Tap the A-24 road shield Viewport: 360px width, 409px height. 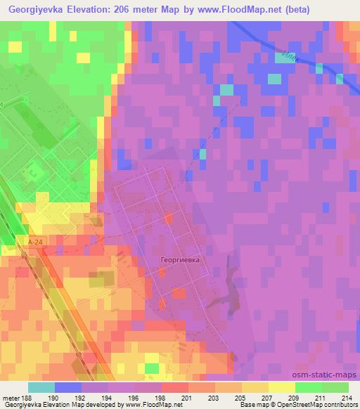pyautogui.click(x=37, y=242)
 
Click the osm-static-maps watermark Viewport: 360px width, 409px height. pyautogui.click(x=330, y=375)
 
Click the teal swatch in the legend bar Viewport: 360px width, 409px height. pyautogui.click(x=41, y=387)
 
